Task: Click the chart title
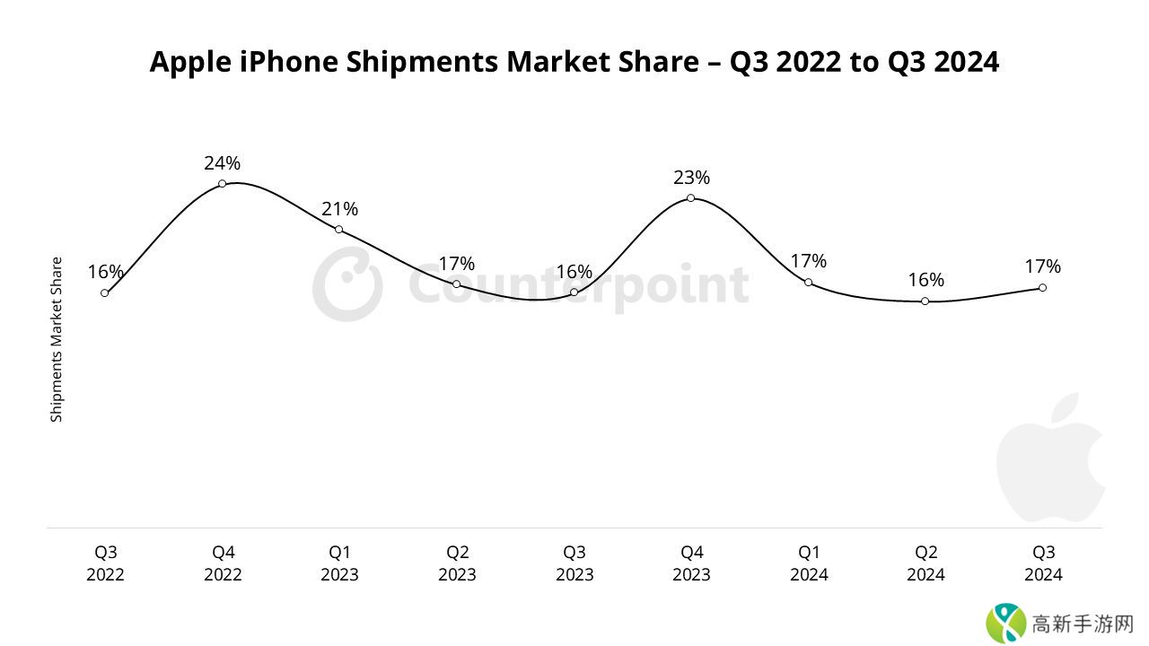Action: click(x=574, y=62)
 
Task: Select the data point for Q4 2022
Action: click(x=222, y=184)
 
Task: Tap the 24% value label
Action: click(x=222, y=163)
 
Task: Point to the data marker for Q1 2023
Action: click(x=338, y=230)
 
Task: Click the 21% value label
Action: click(x=339, y=209)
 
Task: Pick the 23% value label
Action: click(x=691, y=178)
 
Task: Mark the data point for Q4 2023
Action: click(x=690, y=198)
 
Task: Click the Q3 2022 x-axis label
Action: click(x=105, y=563)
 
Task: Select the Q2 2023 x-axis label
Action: click(x=457, y=563)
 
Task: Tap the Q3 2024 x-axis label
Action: click(x=1043, y=563)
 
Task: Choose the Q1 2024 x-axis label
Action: click(x=809, y=563)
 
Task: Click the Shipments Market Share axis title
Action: click(x=57, y=339)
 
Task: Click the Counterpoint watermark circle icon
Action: click(x=347, y=285)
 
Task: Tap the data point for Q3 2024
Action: click(x=1042, y=288)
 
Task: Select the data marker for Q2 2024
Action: click(x=925, y=301)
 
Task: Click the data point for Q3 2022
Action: click(x=105, y=293)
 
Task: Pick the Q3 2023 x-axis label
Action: click(x=574, y=563)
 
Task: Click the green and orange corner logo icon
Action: click(x=1005, y=622)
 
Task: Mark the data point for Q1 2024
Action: click(x=808, y=283)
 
